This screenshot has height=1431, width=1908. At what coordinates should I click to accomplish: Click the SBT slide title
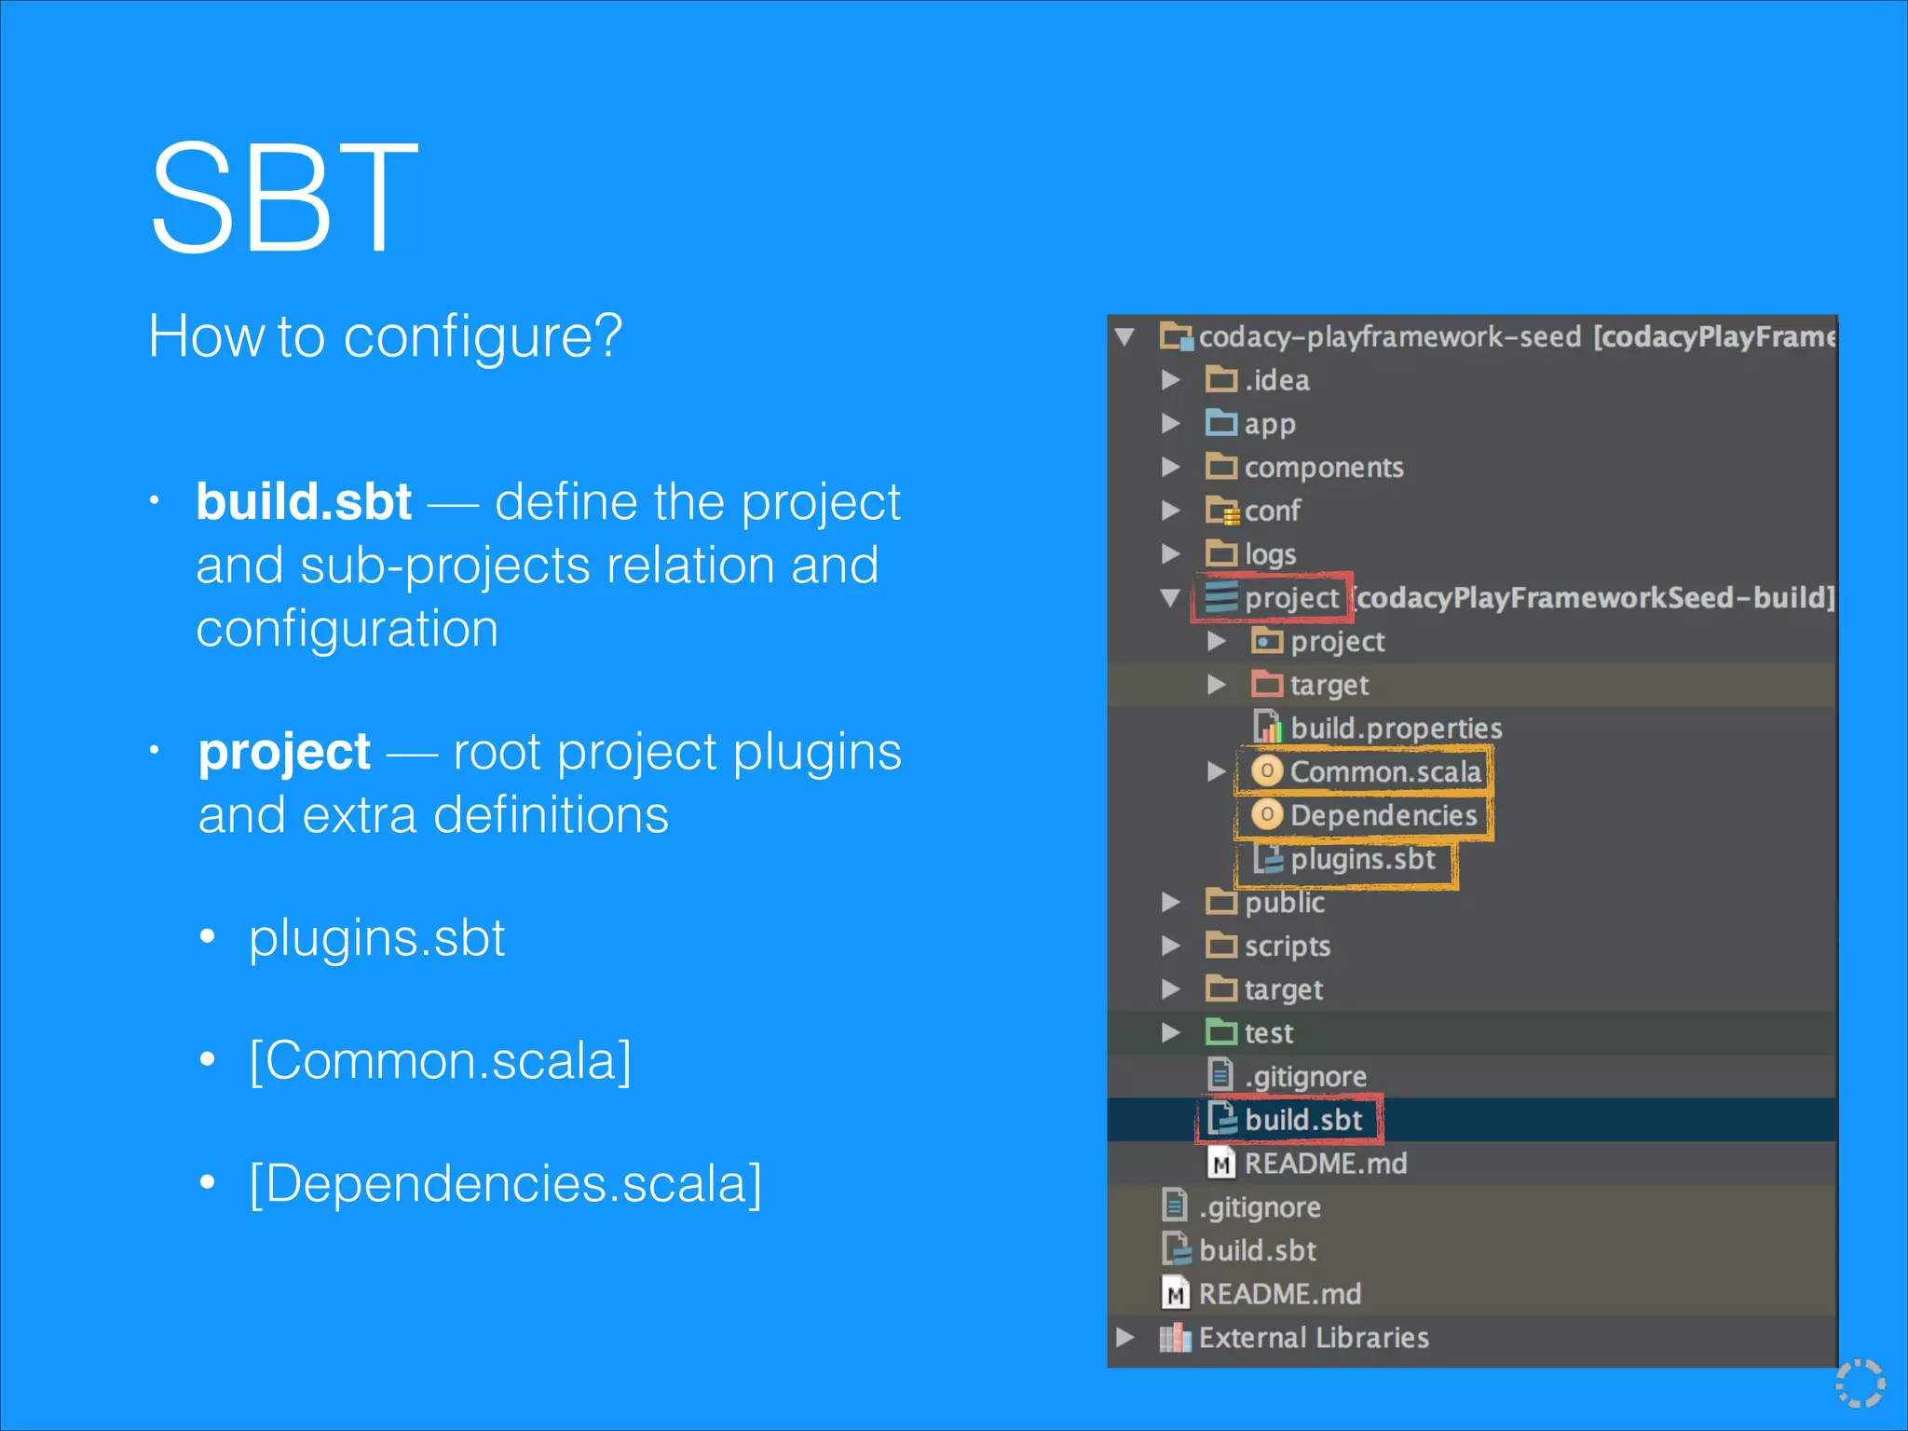pos(283,198)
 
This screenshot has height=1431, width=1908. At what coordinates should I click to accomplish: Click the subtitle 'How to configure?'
pos(385,336)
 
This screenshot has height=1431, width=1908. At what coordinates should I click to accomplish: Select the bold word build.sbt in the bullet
pos(304,502)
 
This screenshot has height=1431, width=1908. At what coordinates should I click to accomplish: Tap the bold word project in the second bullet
pos(284,752)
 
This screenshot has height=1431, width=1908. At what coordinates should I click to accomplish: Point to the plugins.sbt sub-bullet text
pos(376,937)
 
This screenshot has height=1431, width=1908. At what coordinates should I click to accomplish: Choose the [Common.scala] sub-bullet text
pos(441,1060)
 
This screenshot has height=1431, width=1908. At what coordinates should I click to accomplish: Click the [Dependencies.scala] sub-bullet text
pos(506,1183)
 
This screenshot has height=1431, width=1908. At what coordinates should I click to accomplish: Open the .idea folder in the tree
pos(1275,380)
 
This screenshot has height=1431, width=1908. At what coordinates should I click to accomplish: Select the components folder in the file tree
pos(1323,467)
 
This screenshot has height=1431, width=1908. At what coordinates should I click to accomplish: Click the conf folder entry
pos(1272,511)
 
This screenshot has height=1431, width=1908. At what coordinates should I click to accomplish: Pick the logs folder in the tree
pos(1270,554)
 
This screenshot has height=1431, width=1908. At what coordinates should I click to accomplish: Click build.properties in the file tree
pos(1396,729)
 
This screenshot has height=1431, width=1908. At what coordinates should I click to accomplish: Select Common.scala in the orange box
pos(1384,771)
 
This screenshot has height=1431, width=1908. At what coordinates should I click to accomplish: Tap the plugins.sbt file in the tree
pos(1362,859)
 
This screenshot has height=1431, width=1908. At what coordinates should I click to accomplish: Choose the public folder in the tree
pos(1284,902)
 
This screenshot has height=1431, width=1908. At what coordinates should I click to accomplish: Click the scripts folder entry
pos(1287,946)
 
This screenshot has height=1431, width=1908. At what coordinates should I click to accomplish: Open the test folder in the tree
pos(1268,1033)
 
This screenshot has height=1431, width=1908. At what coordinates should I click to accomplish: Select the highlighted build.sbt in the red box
pos(1302,1120)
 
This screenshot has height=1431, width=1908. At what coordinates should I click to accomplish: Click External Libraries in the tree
pos(1313,1338)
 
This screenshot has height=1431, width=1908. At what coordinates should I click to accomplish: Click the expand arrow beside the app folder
pos(1171,424)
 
